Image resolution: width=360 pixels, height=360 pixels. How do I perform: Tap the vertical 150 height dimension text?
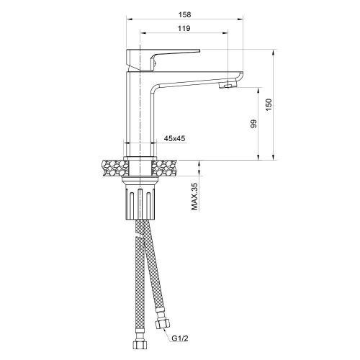[x=269, y=105]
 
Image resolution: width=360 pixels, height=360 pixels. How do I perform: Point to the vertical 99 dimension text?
[x=253, y=124]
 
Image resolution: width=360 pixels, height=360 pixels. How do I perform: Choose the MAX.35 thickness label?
[x=194, y=197]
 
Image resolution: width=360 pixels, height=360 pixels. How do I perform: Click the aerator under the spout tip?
[x=225, y=85]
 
